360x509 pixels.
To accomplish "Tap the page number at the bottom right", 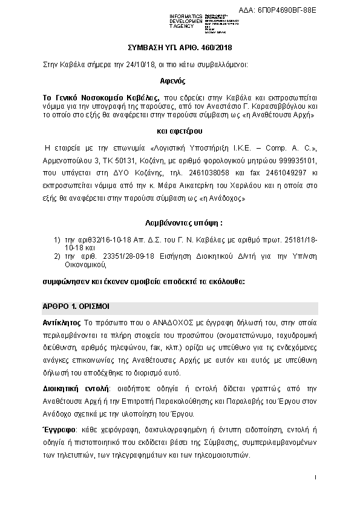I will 316,478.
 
